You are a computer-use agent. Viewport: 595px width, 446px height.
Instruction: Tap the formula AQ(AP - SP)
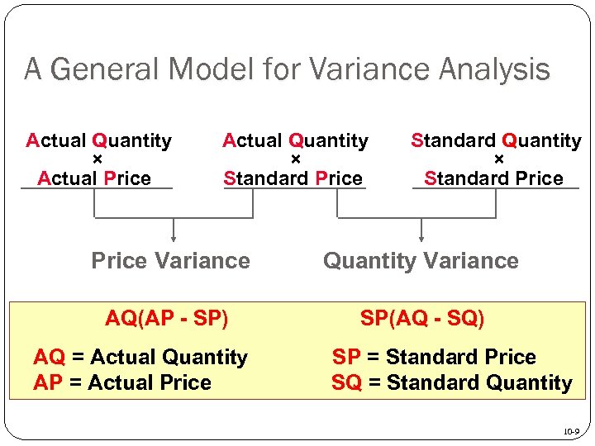pyautogui.click(x=167, y=318)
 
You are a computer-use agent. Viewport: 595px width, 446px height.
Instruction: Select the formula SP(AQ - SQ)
pyautogui.click(x=422, y=318)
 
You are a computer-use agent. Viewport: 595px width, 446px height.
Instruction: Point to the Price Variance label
pyautogui.click(x=170, y=261)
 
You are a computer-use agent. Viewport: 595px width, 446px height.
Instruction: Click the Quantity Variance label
pyautogui.click(x=421, y=261)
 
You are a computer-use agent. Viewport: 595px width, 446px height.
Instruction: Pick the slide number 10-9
pyautogui.click(x=570, y=431)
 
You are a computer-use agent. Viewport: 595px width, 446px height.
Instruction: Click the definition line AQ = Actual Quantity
pyautogui.click(x=140, y=358)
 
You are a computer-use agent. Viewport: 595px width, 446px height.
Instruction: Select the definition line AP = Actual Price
pyautogui.click(x=122, y=382)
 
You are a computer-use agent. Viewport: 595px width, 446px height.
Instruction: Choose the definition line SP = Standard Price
pyautogui.click(x=434, y=358)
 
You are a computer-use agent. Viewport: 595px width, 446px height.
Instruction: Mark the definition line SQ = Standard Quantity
pyautogui.click(x=451, y=382)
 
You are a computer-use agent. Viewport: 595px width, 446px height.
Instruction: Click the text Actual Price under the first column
pyautogui.click(x=94, y=178)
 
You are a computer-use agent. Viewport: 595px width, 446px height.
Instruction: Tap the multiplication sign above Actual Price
pyautogui.click(x=98, y=159)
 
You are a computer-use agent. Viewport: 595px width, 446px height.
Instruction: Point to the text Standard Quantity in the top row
pyautogui.click(x=496, y=141)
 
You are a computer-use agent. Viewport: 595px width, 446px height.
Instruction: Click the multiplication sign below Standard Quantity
pyautogui.click(x=498, y=159)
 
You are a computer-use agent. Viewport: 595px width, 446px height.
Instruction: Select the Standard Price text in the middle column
pyautogui.click(x=293, y=178)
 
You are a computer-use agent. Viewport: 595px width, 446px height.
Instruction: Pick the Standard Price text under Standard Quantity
pyautogui.click(x=493, y=178)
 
